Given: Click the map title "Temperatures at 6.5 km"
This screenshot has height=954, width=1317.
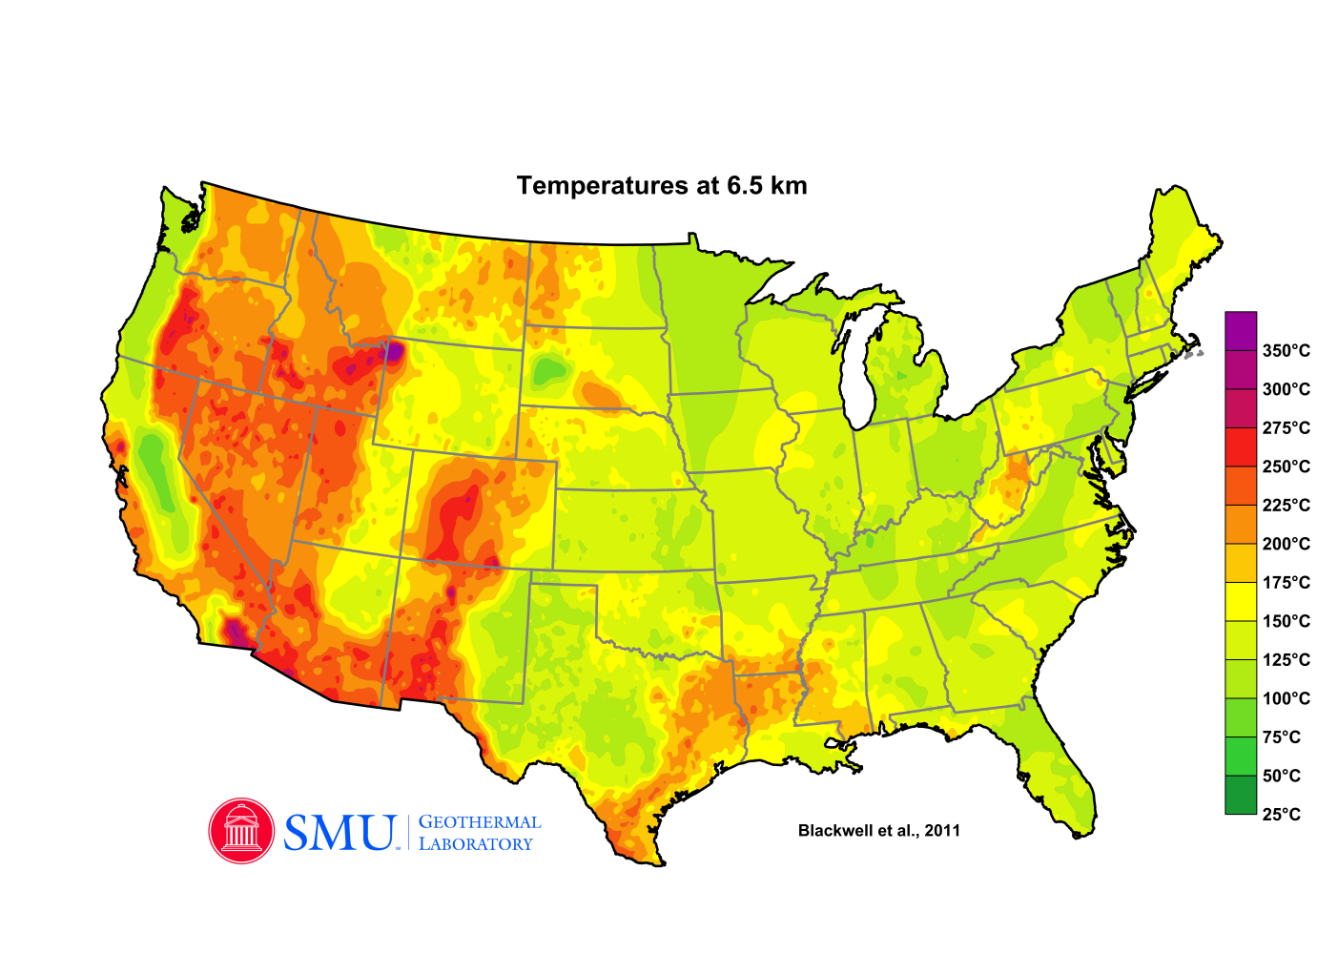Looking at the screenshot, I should coord(662,185).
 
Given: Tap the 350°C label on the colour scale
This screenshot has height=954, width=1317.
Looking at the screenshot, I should coord(1286,351).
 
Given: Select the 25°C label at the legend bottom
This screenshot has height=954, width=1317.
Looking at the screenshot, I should coord(1281,815).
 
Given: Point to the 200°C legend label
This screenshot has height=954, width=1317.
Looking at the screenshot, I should coord(1286,544).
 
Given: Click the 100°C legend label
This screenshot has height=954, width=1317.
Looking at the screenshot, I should coord(1286,698).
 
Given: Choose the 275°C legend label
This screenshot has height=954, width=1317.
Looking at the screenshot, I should coord(1286,428).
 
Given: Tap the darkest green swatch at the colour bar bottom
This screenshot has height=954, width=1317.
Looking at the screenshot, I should coord(1241,795).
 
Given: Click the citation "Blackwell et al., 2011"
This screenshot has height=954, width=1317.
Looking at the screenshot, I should coord(878,831).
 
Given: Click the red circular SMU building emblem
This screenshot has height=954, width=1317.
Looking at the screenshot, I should coord(241,831).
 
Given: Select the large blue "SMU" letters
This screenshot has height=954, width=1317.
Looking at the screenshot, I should coord(340,833).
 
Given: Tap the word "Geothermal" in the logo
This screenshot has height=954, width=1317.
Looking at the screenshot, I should coord(480,822).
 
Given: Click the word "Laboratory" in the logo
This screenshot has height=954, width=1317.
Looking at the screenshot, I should coord(475,844).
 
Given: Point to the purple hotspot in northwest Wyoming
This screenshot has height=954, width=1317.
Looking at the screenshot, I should coord(393,353).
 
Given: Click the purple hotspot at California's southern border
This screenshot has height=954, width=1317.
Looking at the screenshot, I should coord(233,631).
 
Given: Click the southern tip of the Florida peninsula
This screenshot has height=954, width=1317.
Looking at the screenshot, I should coord(1081,832).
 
